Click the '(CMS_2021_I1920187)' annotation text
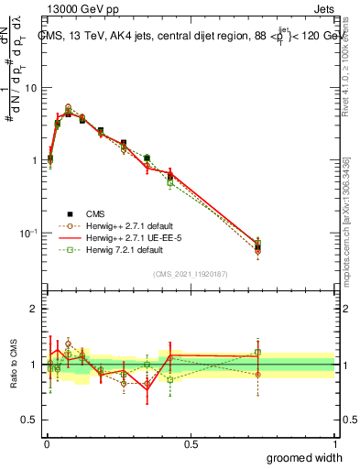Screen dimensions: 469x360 point(190,273)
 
